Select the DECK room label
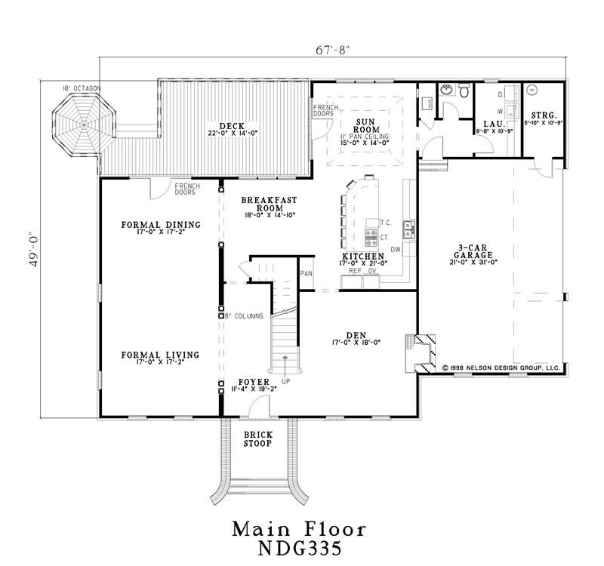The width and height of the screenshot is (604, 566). [230, 125]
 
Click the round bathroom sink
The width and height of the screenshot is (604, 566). [443, 90]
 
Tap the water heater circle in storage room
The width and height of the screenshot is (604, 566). [531, 89]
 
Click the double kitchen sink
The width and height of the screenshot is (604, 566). [408, 229]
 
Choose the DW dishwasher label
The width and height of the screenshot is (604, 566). [395, 249]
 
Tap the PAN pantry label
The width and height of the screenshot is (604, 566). [307, 273]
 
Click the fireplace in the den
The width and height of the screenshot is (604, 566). [418, 351]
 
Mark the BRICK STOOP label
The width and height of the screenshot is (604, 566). [258, 440]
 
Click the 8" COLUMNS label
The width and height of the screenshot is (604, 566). [241, 316]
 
